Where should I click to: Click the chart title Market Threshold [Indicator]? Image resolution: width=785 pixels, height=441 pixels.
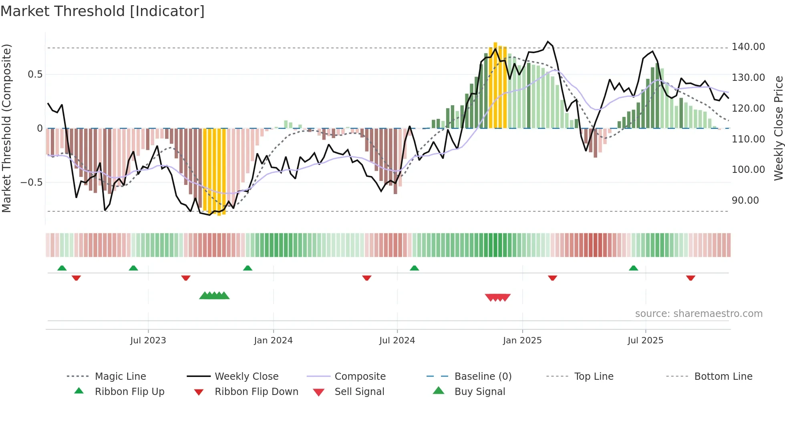click(103, 11)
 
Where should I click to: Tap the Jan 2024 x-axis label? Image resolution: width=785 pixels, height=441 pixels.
click(273, 340)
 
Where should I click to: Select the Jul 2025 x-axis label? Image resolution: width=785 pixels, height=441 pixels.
click(645, 340)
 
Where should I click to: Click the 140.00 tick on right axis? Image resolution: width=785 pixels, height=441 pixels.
click(748, 47)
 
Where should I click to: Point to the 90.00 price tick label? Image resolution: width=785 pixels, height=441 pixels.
click(745, 200)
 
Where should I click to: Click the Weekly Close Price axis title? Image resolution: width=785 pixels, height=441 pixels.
click(778, 128)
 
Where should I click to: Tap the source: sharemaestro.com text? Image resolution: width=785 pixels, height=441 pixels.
click(698, 313)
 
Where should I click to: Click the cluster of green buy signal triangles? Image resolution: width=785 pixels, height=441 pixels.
click(214, 296)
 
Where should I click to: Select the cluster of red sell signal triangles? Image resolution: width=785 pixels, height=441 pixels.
click(497, 297)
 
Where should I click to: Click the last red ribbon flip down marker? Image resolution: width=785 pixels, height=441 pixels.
click(690, 278)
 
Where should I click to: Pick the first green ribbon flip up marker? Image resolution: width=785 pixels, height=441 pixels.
click(62, 268)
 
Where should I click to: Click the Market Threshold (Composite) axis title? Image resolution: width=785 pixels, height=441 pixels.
click(6, 128)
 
